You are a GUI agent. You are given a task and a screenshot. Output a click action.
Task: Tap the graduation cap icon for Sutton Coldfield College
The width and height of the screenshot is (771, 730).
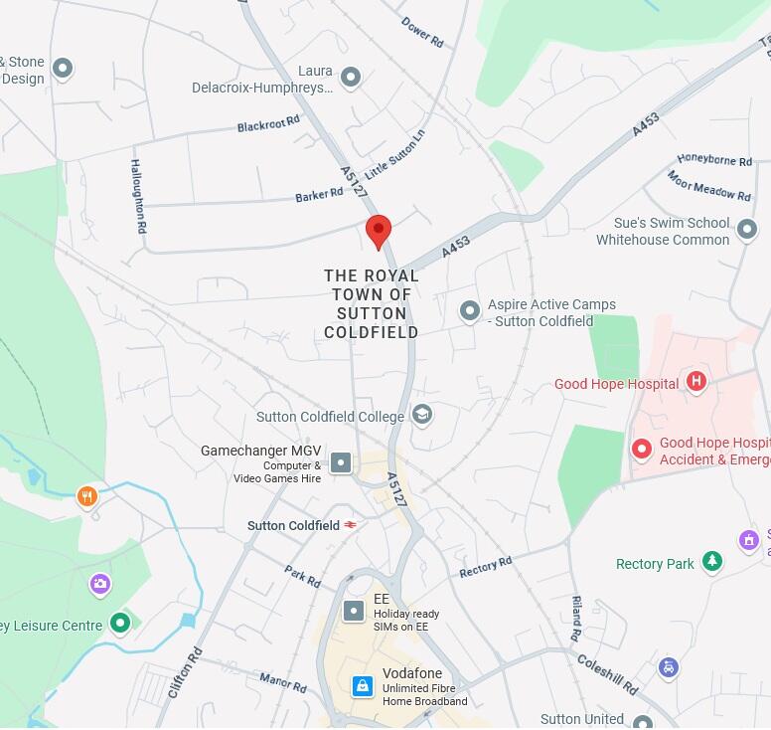point(422,414)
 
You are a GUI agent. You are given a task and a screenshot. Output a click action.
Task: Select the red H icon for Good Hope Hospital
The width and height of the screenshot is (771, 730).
point(696,381)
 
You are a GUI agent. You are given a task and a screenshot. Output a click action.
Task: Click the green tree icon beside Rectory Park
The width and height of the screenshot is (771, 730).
point(712,562)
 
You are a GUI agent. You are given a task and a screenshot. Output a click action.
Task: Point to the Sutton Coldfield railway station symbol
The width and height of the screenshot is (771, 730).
point(350,525)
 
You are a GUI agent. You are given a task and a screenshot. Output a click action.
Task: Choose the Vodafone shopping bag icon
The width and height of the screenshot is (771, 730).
point(364,686)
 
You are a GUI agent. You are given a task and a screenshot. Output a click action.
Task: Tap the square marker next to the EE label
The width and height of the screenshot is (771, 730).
point(353,611)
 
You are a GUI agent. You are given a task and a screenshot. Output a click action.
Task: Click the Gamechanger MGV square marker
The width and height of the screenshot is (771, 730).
point(341,462)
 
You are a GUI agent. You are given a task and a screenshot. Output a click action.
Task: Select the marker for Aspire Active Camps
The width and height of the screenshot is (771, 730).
point(470,311)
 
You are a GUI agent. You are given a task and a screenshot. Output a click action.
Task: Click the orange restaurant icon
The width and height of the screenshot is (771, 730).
point(87,495)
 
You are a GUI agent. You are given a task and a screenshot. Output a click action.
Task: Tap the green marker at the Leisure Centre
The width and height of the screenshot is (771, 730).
point(120,624)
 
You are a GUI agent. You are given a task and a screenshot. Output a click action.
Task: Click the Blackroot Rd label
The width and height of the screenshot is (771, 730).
point(268,124)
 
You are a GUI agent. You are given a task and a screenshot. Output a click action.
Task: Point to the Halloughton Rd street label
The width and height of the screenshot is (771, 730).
point(139,195)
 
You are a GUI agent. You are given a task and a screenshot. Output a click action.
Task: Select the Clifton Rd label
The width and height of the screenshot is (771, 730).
point(186,672)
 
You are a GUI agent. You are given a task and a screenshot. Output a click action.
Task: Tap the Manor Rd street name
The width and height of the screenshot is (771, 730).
point(283,682)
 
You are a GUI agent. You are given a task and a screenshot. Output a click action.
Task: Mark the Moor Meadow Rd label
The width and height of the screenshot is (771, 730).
point(708,186)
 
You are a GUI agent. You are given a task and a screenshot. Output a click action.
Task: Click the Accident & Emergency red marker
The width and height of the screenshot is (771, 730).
point(642,450)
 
